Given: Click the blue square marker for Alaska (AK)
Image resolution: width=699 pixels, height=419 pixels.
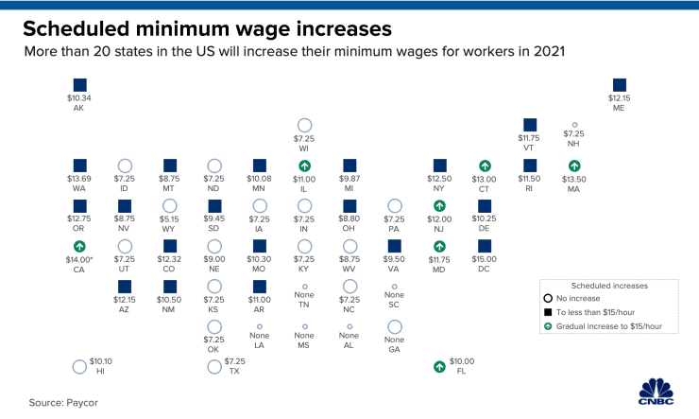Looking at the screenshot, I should tap(79, 83).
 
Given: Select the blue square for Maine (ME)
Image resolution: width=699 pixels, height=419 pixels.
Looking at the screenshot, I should tap(619, 84).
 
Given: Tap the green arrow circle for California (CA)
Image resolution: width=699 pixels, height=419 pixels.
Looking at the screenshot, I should tap(79, 246).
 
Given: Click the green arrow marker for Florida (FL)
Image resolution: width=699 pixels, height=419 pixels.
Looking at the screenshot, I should tap(438, 367).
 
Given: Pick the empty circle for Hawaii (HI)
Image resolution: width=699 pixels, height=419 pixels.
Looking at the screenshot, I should tap(79, 367).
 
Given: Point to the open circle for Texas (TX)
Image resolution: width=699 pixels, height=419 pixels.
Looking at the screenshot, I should tap(214, 367).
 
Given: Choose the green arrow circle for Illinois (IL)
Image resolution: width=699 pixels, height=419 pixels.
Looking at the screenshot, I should tap(304, 166).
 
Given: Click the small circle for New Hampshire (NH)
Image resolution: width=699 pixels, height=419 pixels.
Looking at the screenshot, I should tap(573, 124).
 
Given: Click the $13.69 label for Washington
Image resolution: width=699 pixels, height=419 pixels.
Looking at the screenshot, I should tap(79, 179).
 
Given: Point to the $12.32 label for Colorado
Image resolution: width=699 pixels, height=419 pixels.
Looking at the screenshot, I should tap(169, 259).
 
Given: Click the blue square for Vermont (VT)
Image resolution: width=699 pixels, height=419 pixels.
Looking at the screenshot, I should tap(529, 124).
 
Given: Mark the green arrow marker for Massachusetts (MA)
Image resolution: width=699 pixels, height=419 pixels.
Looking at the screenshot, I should tap(573, 166).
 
